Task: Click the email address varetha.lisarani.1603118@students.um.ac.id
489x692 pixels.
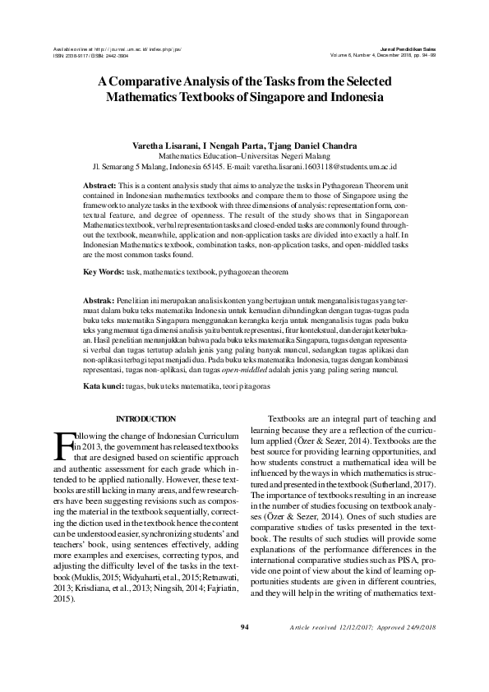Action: (325, 164)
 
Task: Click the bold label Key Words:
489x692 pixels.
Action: (104, 270)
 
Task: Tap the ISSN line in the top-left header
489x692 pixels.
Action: (88, 57)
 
